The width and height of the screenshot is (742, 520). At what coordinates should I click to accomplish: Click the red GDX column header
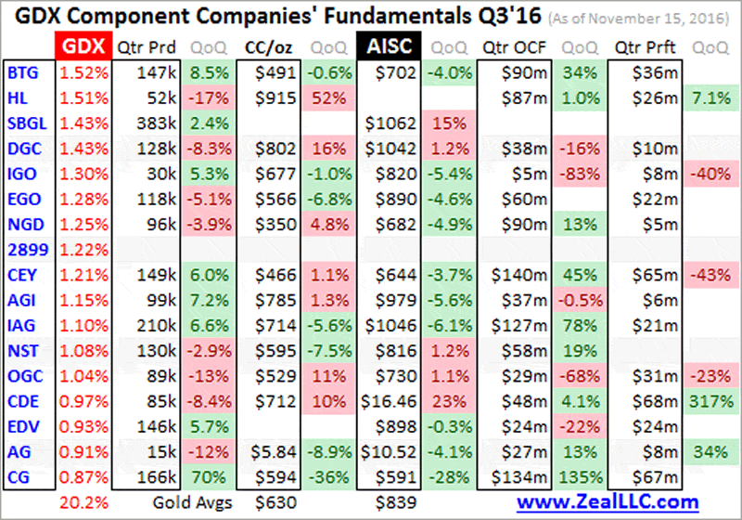tap(81, 47)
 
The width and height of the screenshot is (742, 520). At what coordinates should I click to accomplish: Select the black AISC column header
tap(389, 47)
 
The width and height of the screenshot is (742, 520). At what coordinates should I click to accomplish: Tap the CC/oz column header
tap(266, 47)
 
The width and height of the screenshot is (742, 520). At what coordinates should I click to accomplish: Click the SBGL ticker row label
tap(25, 121)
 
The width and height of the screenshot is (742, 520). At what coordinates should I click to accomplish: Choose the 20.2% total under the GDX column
tap(79, 501)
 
